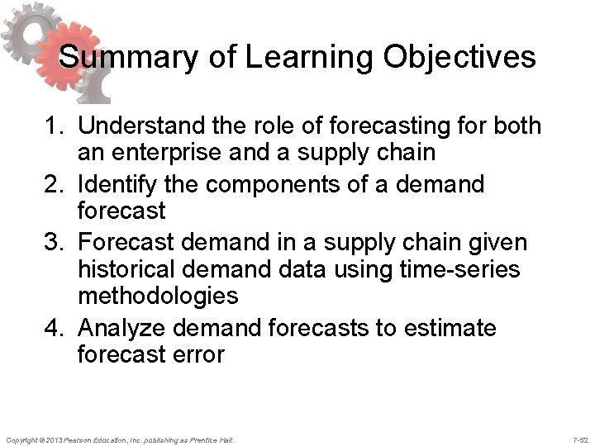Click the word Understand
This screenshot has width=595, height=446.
point(143,127)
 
